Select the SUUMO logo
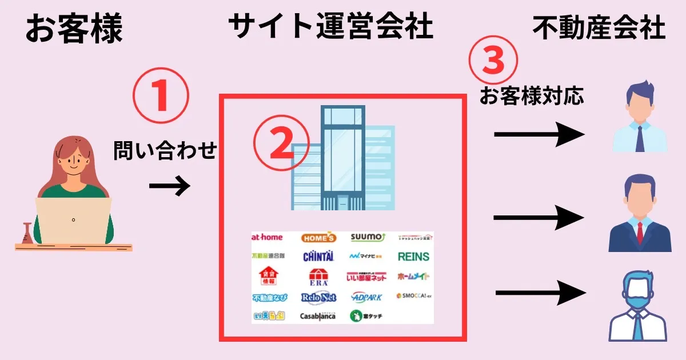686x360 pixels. click(368, 237)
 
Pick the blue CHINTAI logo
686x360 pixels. click(318, 257)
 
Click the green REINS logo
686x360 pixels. click(413, 257)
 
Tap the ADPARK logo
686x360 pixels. click(367, 297)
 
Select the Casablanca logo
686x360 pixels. click(318, 316)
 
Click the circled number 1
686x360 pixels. click(161, 97)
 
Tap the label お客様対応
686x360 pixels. click(532, 96)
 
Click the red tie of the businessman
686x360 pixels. click(640, 232)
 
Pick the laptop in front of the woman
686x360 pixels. click(74, 221)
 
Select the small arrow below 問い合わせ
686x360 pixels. click(169, 186)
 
